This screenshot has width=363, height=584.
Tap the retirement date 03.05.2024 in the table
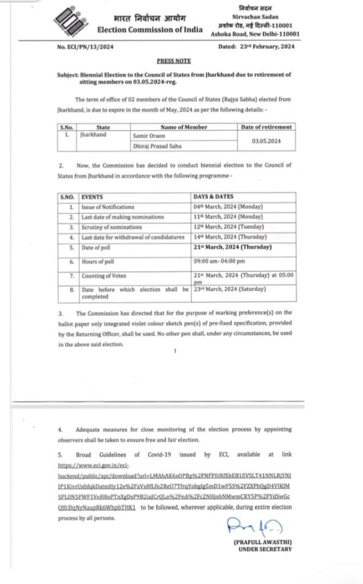coord(266,140)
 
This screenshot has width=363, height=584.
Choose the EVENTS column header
coord(92,197)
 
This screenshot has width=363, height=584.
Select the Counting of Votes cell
coord(103,275)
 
